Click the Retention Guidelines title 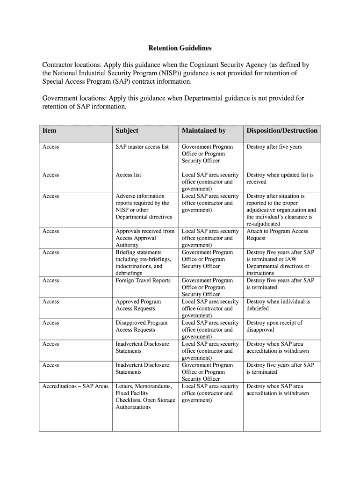pyautogui.click(x=180, y=48)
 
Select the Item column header pyautogui.click(x=49, y=131)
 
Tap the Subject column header pyautogui.click(x=127, y=131)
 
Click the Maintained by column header pyautogui.click(x=203, y=131)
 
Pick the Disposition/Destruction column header pyautogui.click(x=281, y=131)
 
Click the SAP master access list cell pyautogui.click(x=142, y=147)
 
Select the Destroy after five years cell pyautogui.click(x=274, y=147)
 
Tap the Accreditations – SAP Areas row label pyautogui.click(x=75, y=386)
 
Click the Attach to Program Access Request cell pyautogui.click(x=277, y=234)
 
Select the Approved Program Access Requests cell pyautogui.click(x=138, y=305)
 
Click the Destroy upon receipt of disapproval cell pyautogui.click(x=274, y=326)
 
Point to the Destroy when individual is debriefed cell pyautogui.click(x=278, y=305)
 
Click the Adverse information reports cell pyautogui.click(x=143, y=206)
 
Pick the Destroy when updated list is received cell pyautogui.click(x=280, y=178)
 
